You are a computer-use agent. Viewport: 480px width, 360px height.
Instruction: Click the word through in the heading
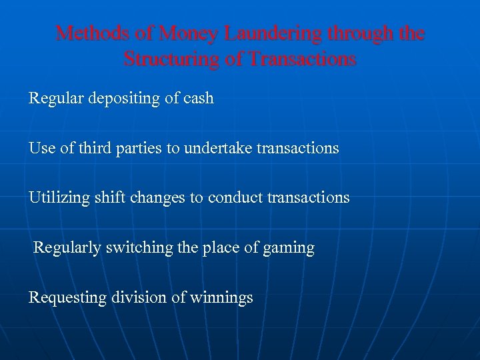point(365,33)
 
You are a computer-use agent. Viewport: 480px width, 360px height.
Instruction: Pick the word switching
point(138,248)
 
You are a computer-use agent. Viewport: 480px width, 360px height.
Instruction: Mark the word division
point(139,297)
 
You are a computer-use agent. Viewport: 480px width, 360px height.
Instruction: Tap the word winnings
point(222,298)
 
